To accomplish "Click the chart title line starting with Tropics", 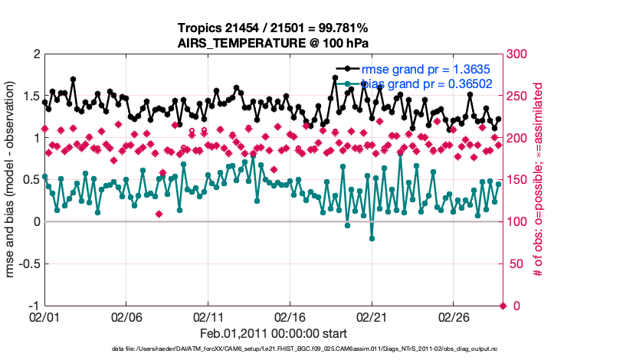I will pyautogui.click(x=274, y=29).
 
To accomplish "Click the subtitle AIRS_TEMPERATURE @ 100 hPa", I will pyautogui.click(x=274, y=44).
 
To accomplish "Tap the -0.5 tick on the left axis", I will pyautogui.click(x=28, y=264).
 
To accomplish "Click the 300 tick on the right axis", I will pyautogui.click(x=517, y=54).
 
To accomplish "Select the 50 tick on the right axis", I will pyautogui.click(x=514, y=264).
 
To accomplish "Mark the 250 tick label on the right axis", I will pyautogui.click(x=517, y=97).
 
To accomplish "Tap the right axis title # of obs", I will pyautogui.click(x=539, y=180).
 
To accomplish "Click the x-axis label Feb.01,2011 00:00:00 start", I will pyautogui.click(x=274, y=334).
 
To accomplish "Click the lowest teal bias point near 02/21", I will pyautogui.click(x=372, y=238).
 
